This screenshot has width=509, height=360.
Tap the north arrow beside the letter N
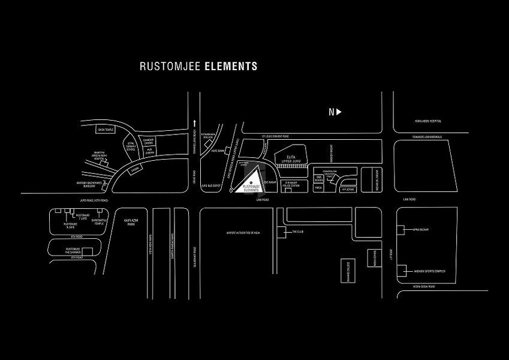(339, 112)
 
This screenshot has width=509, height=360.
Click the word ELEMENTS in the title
(231, 66)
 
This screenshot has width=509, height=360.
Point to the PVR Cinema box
(147, 152)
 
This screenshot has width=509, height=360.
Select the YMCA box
(319, 188)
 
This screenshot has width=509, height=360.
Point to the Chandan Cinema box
(147, 141)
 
